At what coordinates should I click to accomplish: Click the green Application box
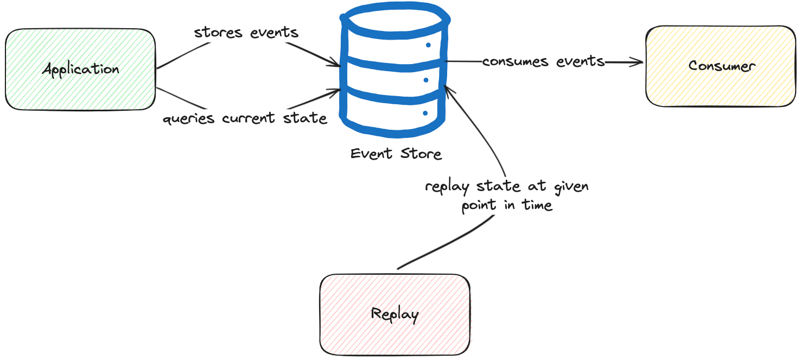[x=80, y=70]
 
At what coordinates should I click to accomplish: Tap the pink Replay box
[x=395, y=314]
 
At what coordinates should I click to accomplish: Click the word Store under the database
[x=421, y=154]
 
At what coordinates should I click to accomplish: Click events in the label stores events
[x=274, y=33]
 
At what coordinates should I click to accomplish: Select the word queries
[x=189, y=118]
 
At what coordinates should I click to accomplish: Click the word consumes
[x=515, y=61]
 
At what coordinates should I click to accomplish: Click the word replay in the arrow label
[x=447, y=187]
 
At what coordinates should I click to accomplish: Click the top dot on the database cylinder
[x=428, y=45]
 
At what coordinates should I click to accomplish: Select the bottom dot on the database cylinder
[x=425, y=113]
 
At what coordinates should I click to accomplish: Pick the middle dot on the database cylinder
[x=426, y=80]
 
